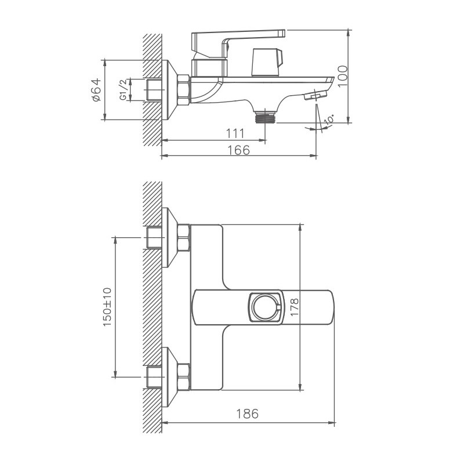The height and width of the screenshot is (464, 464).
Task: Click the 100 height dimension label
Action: tap(343, 76)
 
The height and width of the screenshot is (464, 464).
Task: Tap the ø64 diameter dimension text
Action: tap(96, 90)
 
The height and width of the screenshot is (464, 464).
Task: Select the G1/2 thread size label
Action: tap(123, 90)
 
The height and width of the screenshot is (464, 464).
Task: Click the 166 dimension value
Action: tap(238, 150)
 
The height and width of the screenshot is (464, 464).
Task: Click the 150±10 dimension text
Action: tap(107, 307)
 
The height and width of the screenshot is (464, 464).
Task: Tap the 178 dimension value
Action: tap(295, 307)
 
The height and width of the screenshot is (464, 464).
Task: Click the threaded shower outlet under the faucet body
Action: tap(266, 117)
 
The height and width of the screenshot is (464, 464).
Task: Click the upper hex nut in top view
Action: tap(184, 238)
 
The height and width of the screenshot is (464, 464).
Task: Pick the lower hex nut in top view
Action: tap(184, 376)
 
